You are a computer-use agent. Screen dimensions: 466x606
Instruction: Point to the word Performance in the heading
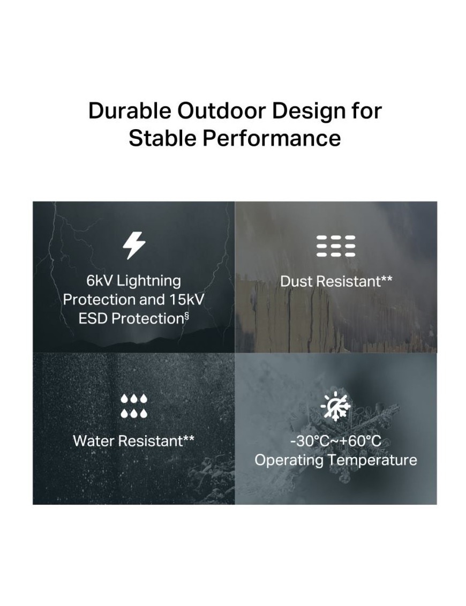271,138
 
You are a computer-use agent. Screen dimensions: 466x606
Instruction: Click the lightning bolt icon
134,245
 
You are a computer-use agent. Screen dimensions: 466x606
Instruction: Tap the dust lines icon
336,246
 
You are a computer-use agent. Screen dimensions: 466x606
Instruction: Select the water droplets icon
134,406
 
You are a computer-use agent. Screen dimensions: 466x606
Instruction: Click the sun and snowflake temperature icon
335,406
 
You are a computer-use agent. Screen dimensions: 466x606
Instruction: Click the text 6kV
99,281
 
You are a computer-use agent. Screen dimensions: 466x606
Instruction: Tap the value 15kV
186,300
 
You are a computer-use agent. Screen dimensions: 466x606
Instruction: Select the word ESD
93,318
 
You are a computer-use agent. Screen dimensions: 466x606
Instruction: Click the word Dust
296,281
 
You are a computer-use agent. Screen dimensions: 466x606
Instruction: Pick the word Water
94,440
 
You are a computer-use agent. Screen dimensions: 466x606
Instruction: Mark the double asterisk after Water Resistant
189,438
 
